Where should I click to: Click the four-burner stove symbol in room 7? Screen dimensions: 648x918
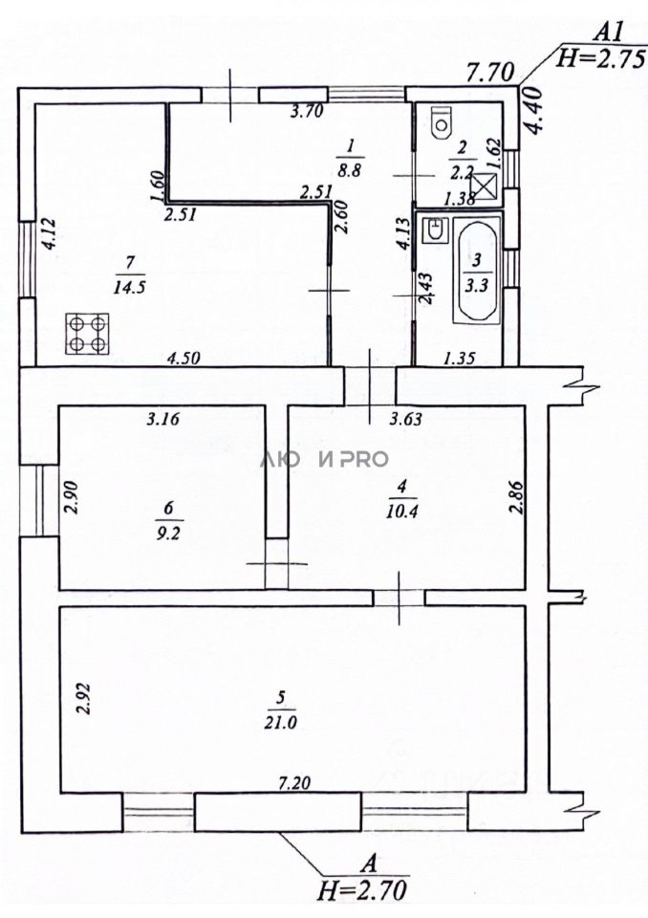(86, 335)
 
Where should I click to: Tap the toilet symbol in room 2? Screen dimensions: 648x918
(441, 121)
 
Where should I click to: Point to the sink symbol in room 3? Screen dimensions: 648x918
(435, 230)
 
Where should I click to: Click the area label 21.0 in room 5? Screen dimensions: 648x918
(283, 723)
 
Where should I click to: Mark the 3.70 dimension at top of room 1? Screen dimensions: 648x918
(308, 111)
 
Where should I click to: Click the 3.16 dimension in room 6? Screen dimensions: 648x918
(165, 418)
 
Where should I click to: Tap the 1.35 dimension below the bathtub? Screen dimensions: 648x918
(461, 360)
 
